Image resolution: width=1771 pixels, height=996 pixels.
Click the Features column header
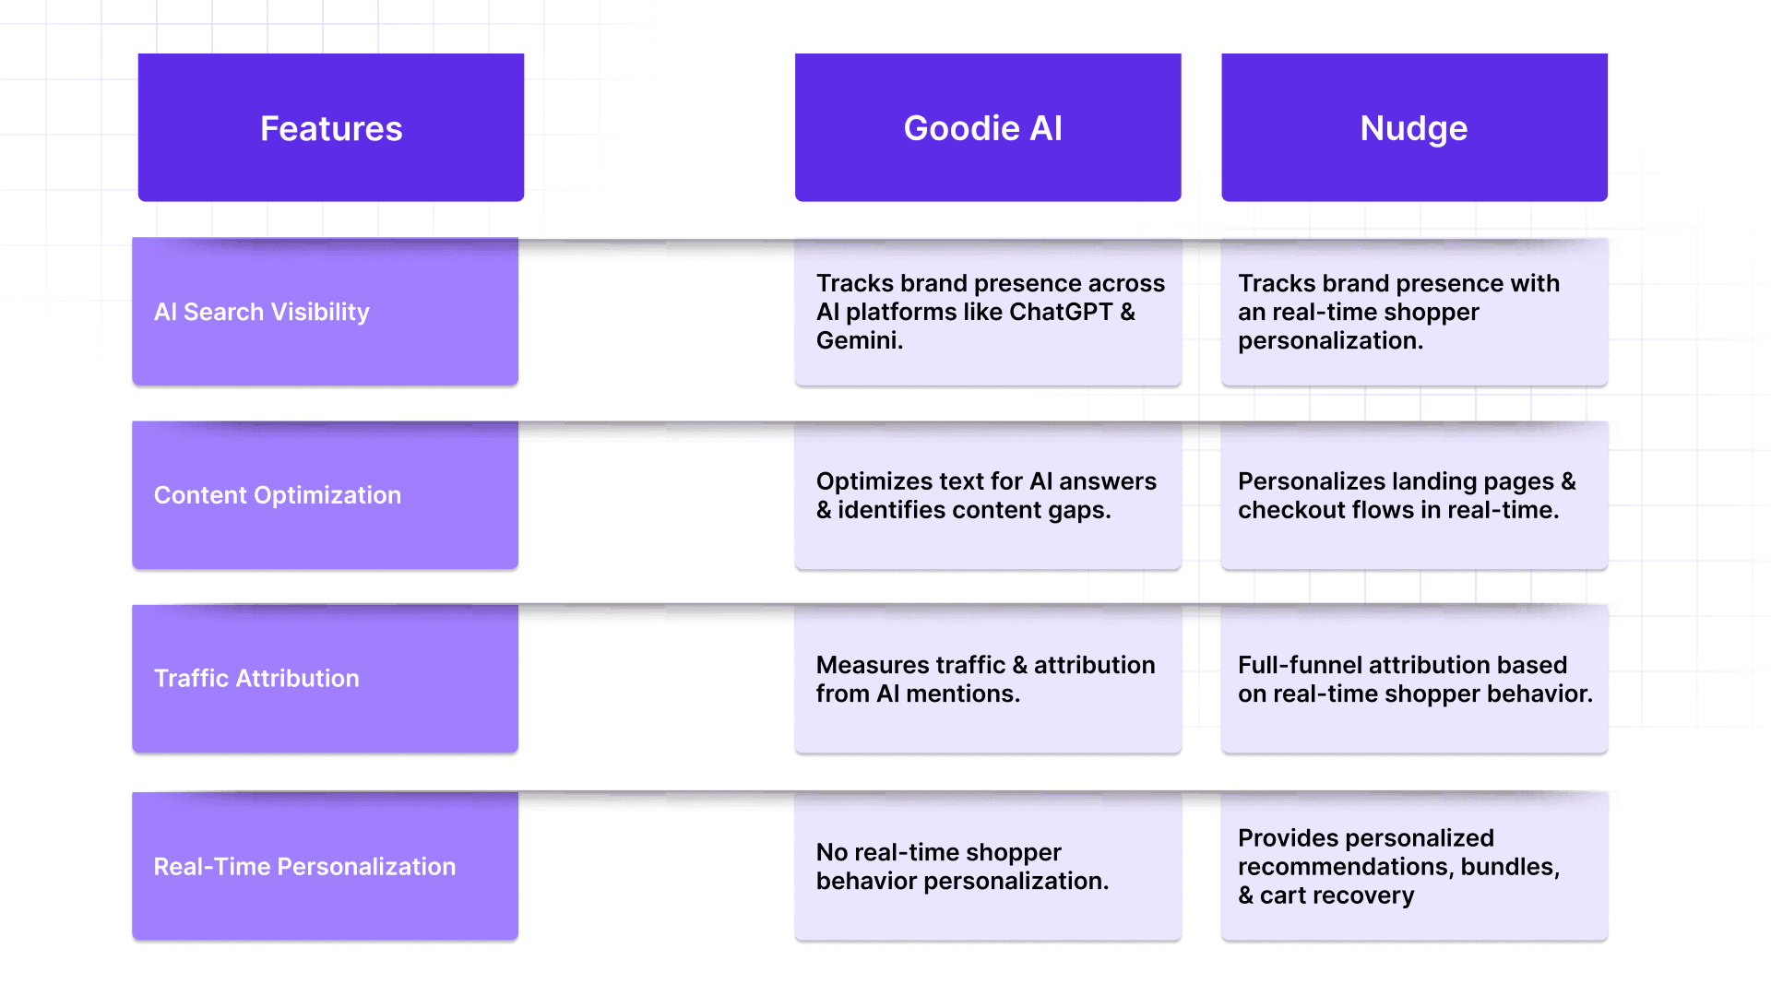coord(331,128)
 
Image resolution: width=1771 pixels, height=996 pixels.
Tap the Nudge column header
coord(1414,128)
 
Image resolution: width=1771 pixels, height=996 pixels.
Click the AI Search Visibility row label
coord(261,312)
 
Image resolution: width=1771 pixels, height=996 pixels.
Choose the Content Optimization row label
coord(277,495)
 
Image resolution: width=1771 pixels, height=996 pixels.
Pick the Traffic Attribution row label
coord(256,679)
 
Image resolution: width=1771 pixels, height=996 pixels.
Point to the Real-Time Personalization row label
coord(304,867)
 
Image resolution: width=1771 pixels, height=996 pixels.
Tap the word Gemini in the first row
coord(857,340)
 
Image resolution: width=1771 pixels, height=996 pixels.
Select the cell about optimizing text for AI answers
coord(987,495)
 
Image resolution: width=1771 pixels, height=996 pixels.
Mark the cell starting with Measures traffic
coord(987,679)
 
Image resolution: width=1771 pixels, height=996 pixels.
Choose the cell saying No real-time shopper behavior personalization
coord(987,867)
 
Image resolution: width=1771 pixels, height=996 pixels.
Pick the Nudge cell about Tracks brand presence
coord(1414,312)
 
